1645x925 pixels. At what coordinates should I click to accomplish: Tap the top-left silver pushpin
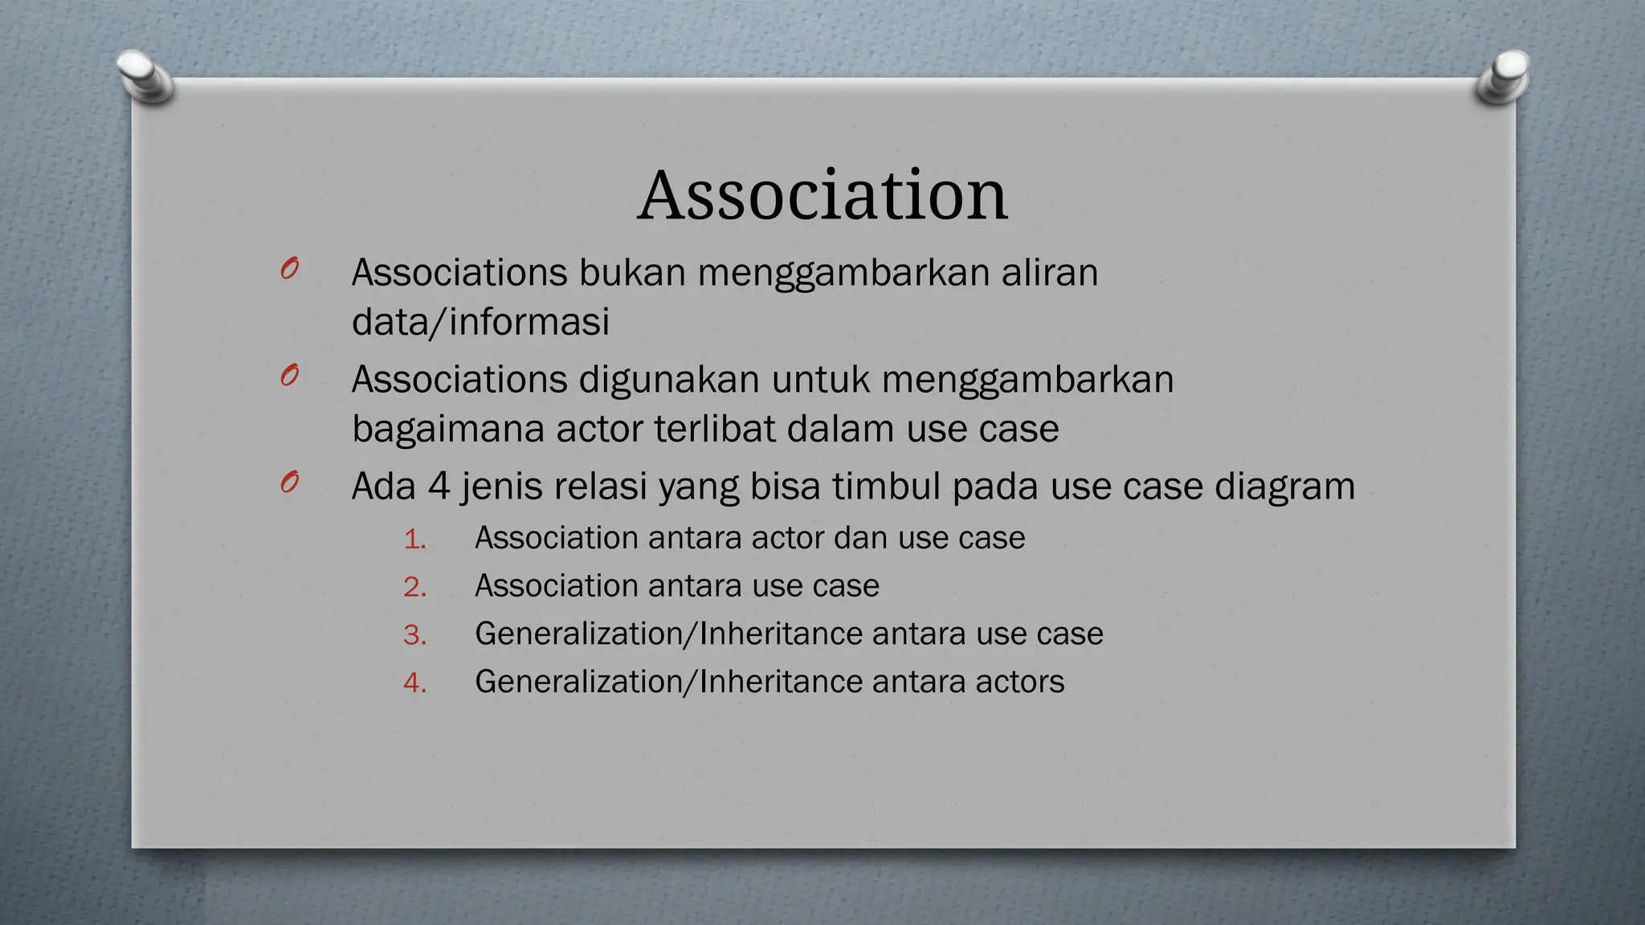[145, 76]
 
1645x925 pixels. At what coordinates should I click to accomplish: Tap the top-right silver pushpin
[1503, 76]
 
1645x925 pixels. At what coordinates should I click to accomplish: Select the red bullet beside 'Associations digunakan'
[290, 375]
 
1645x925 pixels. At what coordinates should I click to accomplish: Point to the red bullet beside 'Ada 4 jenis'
[290, 482]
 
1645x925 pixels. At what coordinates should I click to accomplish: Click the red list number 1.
[414, 539]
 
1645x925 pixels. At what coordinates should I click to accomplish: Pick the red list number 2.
[414, 587]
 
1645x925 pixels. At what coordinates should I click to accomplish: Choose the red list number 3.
[414, 635]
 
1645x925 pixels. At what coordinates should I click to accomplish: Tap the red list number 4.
[414, 683]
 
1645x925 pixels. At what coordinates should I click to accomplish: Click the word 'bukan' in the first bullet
[632, 273]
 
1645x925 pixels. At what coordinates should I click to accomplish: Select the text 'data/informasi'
[480, 323]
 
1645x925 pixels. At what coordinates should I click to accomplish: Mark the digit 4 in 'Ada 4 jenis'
[439, 487]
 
